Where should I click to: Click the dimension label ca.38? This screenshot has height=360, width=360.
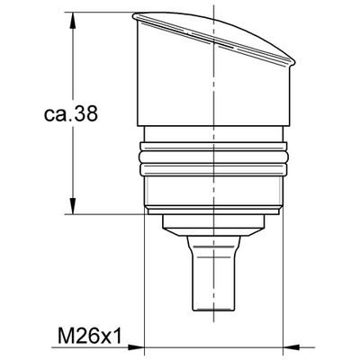pyautogui.click(x=71, y=114)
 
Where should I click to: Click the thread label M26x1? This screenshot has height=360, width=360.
pyautogui.click(x=90, y=336)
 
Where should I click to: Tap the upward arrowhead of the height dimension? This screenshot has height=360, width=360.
pyautogui.click(x=72, y=21)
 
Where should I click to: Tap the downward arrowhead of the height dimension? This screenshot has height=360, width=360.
pyautogui.click(x=72, y=206)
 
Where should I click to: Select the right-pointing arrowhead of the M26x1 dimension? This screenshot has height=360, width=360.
pyautogui.click(x=136, y=347)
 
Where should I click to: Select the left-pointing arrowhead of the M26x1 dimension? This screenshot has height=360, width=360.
pyautogui.click(x=292, y=347)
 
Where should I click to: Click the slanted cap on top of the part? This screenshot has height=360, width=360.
pyautogui.click(x=214, y=34)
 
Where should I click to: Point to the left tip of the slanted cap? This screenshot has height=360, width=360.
pyautogui.click(x=133, y=16)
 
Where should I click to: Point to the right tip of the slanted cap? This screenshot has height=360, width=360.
pyautogui.click(x=295, y=62)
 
